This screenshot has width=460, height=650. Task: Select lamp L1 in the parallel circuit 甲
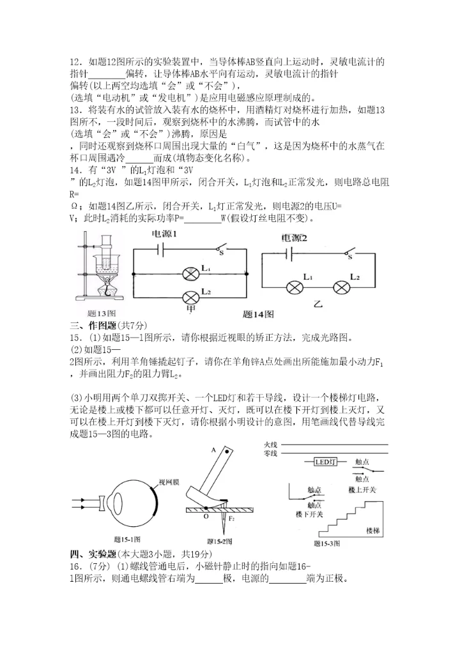pyautogui.click(x=189, y=274)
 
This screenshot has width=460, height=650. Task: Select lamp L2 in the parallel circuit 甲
pyautogui.click(x=189, y=297)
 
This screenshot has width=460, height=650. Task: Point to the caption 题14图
pyautogui.click(x=258, y=314)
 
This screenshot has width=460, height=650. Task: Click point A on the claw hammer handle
pyautogui.click(x=213, y=450)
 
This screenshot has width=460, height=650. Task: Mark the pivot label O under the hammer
pyautogui.click(x=205, y=517)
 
